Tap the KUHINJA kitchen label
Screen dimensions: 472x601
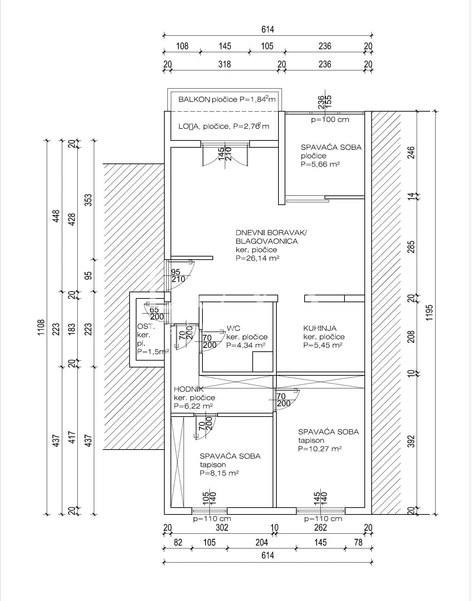pyautogui.click(x=320, y=328)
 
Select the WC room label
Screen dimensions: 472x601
pyautogui.click(x=233, y=328)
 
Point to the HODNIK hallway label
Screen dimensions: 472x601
pyautogui.click(x=189, y=389)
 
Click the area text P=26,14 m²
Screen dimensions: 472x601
pyautogui.click(x=257, y=258)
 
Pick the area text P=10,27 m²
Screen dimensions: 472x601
pyautogui.click(x=320, y=449)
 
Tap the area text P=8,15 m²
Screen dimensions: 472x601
pyautogui.click(x=219, y=473)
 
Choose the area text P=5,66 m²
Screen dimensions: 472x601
pyautogui.click(x=320, y=164)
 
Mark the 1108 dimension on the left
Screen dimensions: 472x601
pyautogui.click(x=41, y=328)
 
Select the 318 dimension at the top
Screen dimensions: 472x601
pyautogui.click(x=224, y=64)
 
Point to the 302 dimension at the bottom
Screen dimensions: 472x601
pyautogui.click(x=222, y=527)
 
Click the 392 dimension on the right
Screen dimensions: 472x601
pyautogui.click(x=411, y=441)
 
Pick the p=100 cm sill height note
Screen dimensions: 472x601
pyautogui.click(x=330, y=120)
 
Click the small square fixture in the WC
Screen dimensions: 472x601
pyautogui.click(x=263, y=362)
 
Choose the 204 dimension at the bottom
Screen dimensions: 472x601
pyautogui.click(x=262, y=542)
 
